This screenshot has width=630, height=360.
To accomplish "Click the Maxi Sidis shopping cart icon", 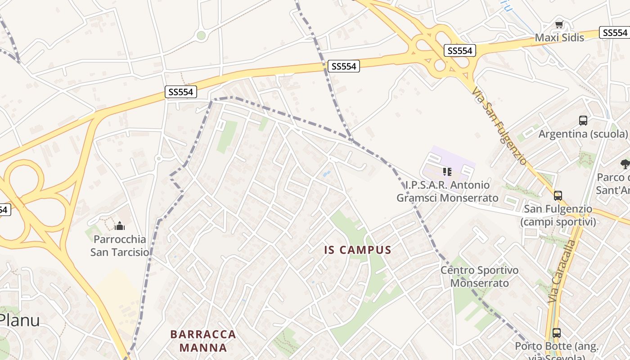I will tap(559, 25).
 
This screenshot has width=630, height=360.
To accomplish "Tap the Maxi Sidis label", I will tap(559, 38).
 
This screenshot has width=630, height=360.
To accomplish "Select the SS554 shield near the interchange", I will tap(459, 51).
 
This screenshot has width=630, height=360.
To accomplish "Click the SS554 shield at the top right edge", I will tap(615, 32).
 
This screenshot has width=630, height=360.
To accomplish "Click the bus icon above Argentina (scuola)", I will tap(583, 121).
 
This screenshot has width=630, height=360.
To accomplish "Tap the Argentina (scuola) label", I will tap(583, 134).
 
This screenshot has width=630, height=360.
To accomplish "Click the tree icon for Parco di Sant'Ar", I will tap(625, 164).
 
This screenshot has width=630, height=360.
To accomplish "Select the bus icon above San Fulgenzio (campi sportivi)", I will tap(558, 196).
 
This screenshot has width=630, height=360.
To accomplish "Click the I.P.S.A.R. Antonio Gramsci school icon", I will tap(447, 172).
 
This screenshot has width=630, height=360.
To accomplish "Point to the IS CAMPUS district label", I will tap(358, 250).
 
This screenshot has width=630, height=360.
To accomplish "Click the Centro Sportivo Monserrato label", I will tap(479, 277).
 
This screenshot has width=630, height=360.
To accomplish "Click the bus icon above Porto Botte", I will tap(557, 333).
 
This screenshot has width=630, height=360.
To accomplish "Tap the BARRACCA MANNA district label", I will tap(203, 341).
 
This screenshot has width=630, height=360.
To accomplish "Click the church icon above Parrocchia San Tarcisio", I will tap(120, 225).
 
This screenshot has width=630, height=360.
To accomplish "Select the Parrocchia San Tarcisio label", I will tap(120, 245).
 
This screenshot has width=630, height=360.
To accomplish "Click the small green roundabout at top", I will tap(201, 35).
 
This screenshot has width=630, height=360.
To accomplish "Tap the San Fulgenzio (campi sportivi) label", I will tap(558, 215).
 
